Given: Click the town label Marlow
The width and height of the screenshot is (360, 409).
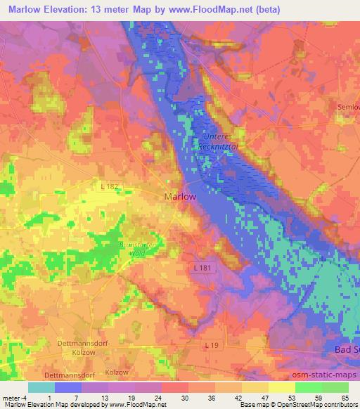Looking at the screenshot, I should [x=179, y=197].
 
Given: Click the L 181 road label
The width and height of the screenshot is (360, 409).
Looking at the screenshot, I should [x=199, y=268].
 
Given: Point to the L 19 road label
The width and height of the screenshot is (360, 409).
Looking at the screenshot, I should [x=212, y=345].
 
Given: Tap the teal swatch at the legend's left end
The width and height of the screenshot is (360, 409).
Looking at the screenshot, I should [x=41, y=387].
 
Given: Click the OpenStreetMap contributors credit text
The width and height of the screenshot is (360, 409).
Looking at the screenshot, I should [x=321, y=405].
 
